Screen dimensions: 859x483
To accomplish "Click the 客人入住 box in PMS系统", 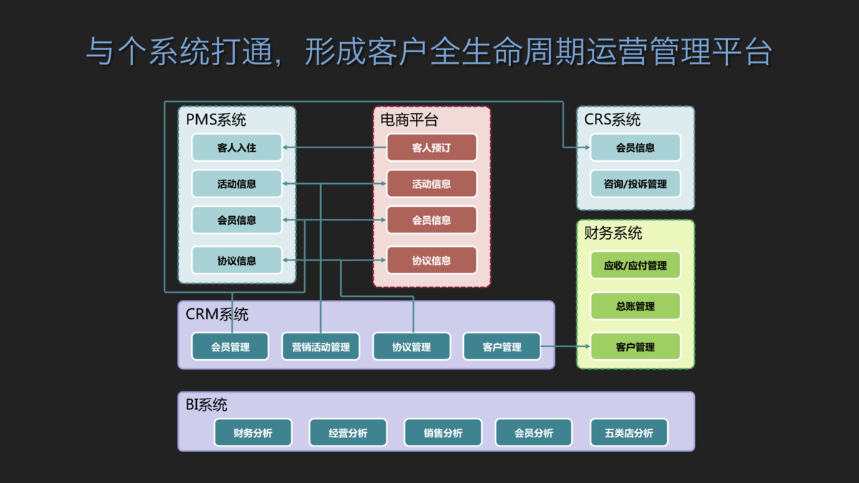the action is coord(237,147).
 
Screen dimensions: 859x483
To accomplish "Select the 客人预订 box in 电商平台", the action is coord(432,147).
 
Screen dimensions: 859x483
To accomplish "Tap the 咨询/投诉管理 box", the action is coord(636,184).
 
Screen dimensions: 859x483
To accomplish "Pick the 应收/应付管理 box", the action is coord(636,265).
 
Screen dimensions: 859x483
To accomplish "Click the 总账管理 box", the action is coord(636,306).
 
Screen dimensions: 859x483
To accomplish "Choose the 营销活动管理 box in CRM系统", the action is coord(321,346).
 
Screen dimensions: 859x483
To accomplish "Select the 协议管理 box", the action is coord(412,346).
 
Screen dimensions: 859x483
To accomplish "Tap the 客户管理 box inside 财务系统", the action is coord(636,346).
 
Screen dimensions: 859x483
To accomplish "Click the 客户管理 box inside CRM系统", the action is coord(502,346).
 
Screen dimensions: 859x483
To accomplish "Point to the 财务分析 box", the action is coord(253,432).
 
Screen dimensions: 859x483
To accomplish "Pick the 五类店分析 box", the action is coord(629,432).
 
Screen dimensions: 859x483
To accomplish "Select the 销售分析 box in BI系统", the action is coord(443,432).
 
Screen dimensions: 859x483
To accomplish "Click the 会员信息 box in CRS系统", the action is coord(636,147).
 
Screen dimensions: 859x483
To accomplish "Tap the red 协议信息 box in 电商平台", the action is coord(432,260).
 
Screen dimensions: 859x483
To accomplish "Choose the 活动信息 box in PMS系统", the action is coord(237,184).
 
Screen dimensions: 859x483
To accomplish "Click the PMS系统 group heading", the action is coord(216,119).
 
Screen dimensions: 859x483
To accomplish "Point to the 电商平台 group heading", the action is coord(409,119).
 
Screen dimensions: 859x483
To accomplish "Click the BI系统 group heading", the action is coord(206,405).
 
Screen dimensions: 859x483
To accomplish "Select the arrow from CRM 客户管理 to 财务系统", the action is coord(566,346).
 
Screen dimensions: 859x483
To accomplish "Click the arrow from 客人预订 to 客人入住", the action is coord(334,147).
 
